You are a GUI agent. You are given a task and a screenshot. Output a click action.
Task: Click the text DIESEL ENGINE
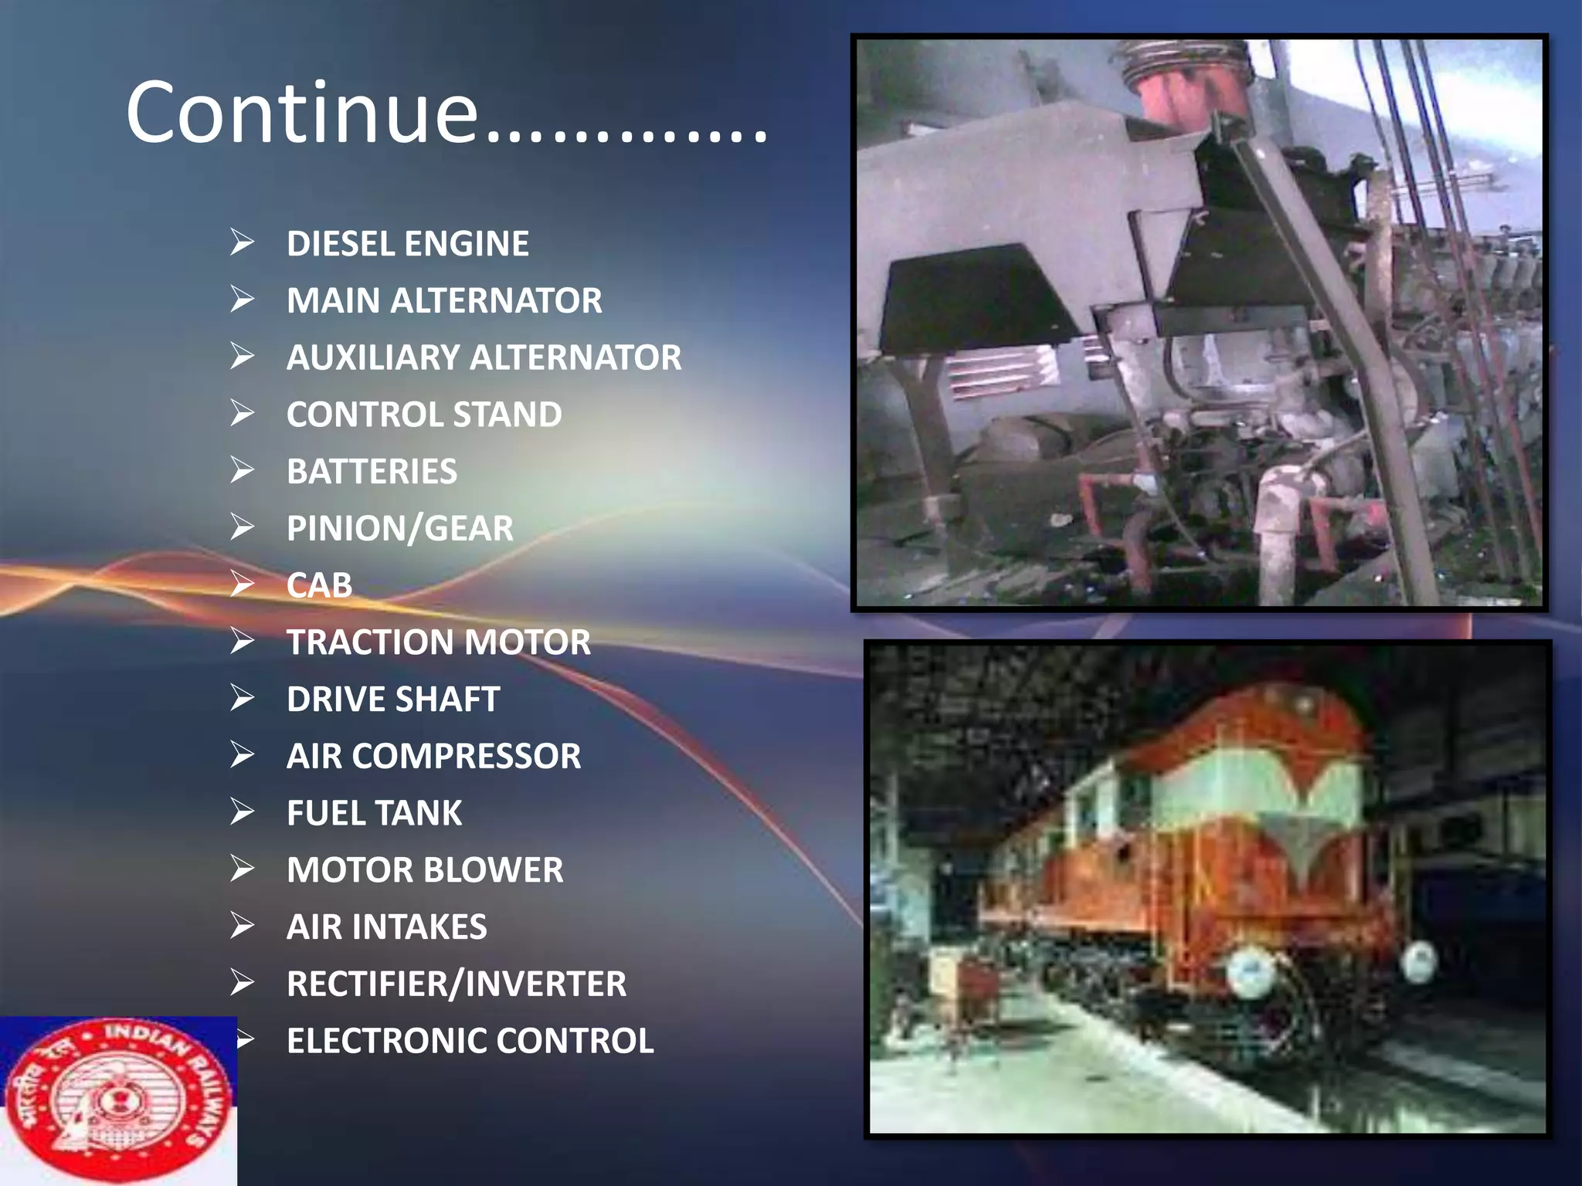(x=407, y=244)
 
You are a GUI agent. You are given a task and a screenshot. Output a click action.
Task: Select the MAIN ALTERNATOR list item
(x=443, y=301)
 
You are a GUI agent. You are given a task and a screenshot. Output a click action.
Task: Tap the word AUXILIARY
(x=374, y=358)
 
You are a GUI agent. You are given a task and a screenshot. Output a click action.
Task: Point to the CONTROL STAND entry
(x=423, y=415)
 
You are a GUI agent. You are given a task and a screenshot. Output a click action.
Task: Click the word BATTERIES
(x=372, y=472)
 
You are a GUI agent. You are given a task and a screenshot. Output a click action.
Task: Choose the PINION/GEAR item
(x=399, y=529)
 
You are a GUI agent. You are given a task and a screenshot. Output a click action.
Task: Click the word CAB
(x=319, y=585)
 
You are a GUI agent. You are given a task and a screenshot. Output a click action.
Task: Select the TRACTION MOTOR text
(x=438, y=642)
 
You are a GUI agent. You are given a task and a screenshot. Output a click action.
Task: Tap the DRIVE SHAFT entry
(x=392, y=700)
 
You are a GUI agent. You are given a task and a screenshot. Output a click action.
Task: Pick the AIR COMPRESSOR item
(x=433, y=757)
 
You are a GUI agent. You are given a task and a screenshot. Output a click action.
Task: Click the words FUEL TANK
(x=374, y=813)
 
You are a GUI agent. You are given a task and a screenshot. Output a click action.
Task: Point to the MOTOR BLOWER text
(x=424, y=870)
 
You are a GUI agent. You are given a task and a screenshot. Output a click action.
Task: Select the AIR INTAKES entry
(x=386, y=927)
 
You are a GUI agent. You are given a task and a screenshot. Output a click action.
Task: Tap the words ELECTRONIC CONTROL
(x=470, y=1041)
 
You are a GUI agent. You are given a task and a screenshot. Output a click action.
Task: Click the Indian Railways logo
(x=117, y=1100)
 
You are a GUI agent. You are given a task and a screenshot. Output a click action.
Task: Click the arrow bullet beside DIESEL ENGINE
(x=242, y=242)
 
